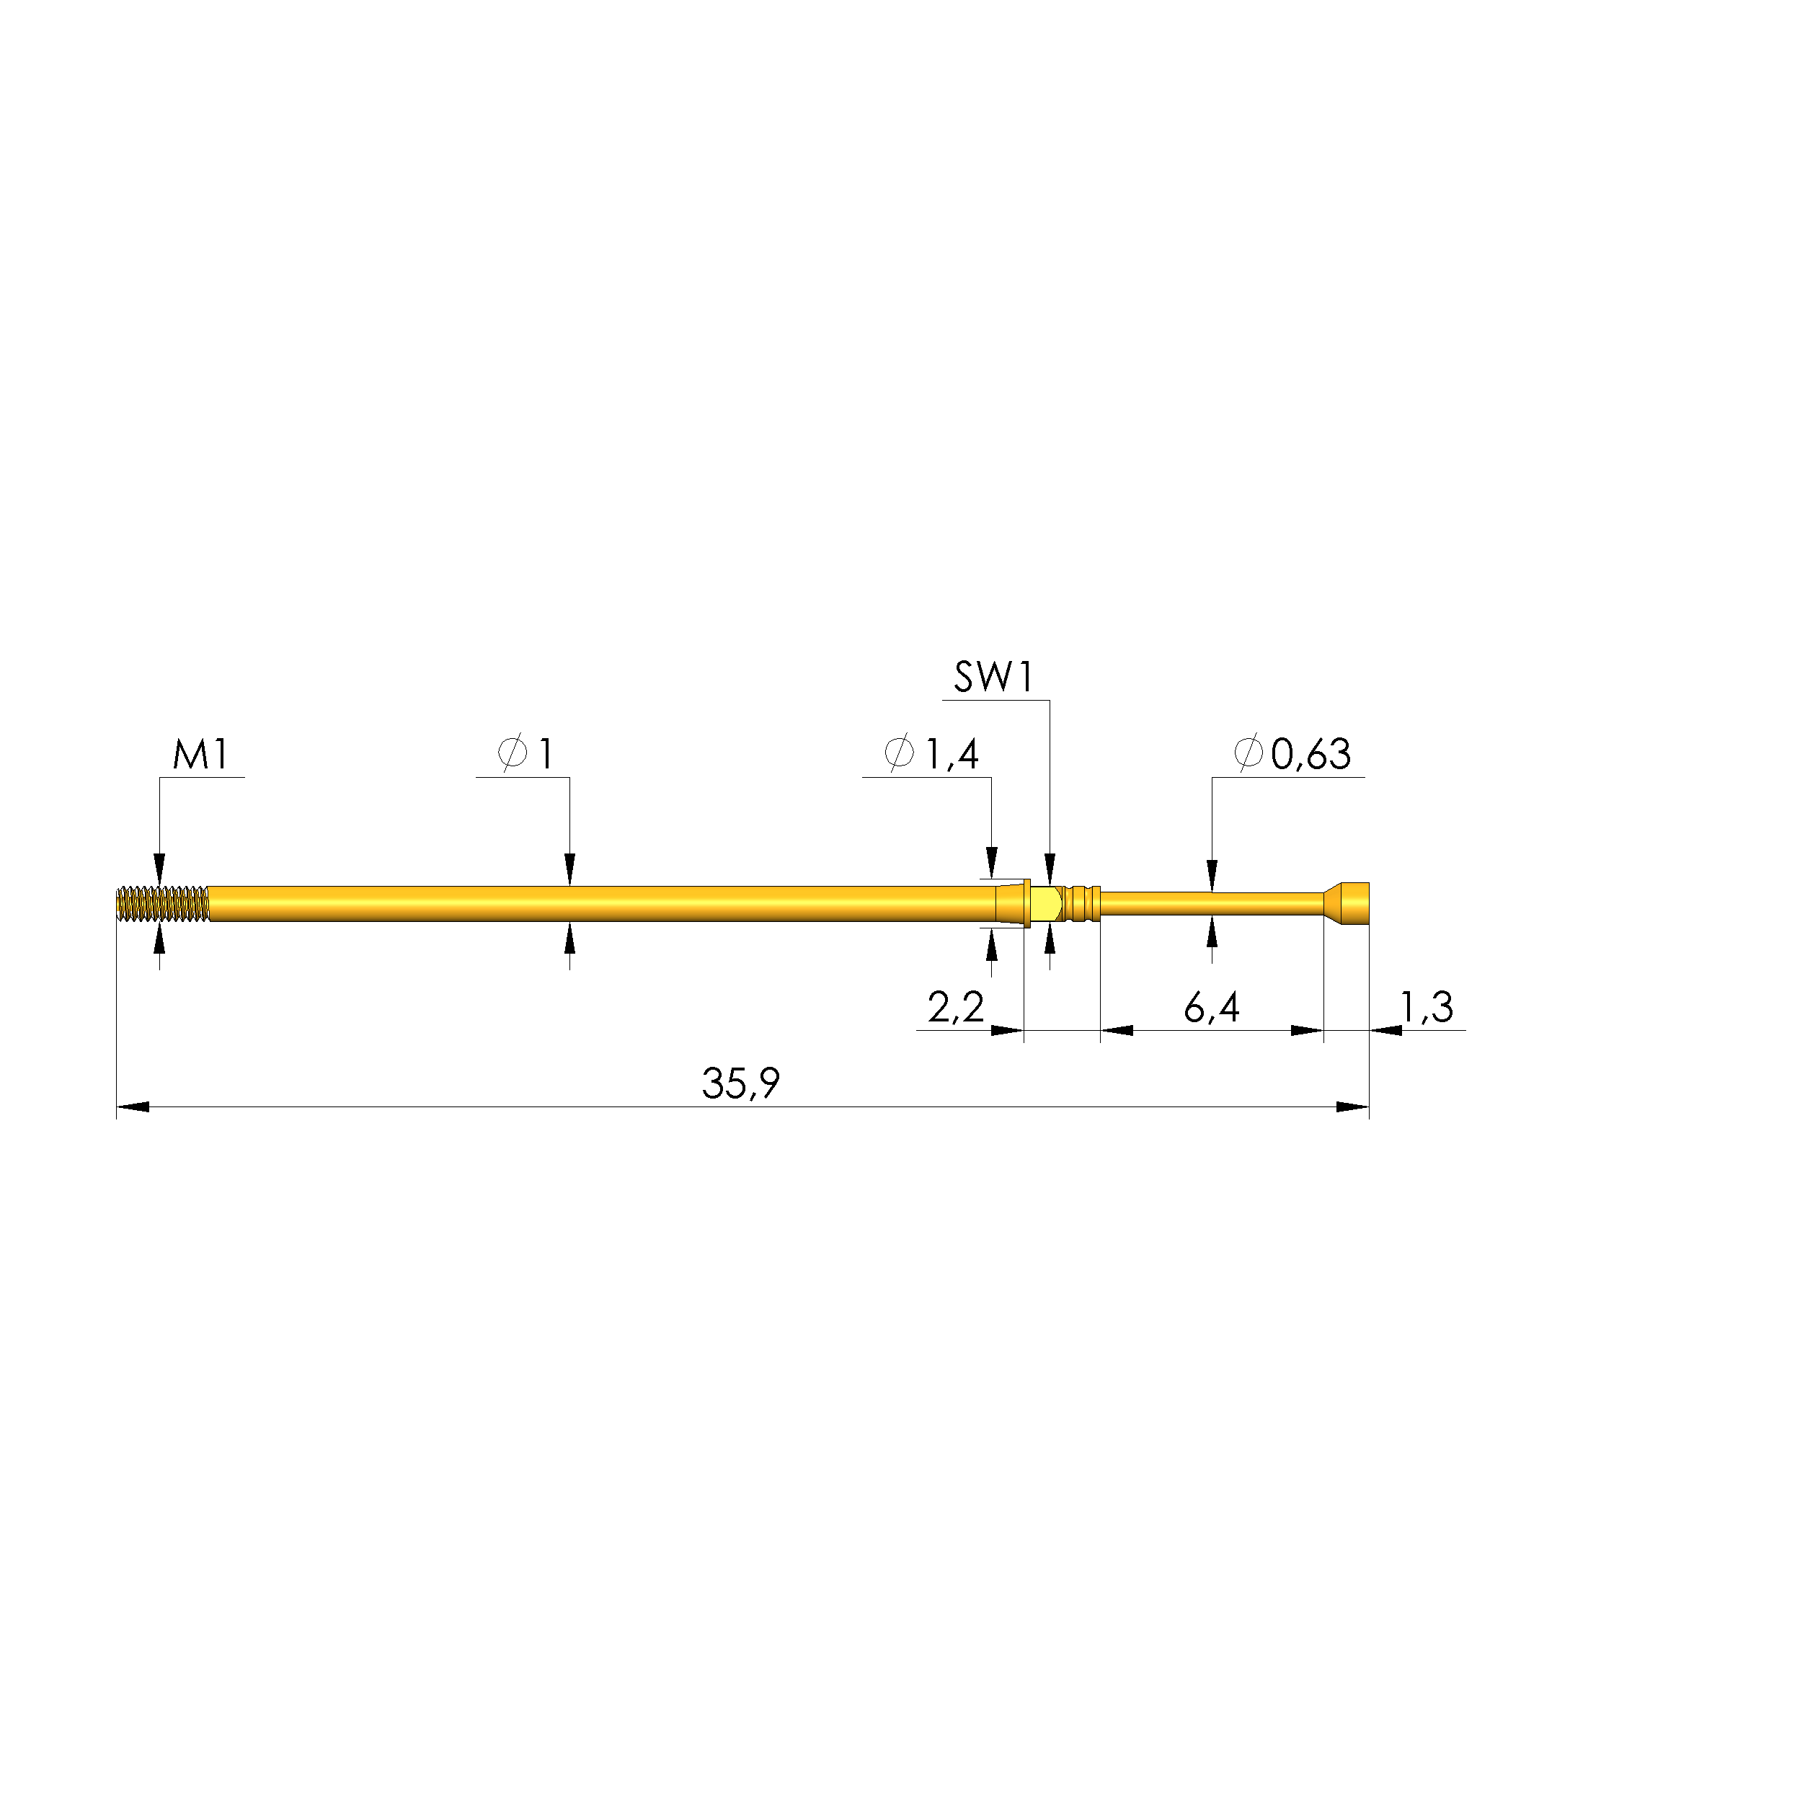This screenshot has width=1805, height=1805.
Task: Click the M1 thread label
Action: pyautogui.click(x=201, y=754)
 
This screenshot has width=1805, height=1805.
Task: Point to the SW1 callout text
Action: pyautogui.click(x=993, y=678)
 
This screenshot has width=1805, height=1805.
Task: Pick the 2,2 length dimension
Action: pyautogui.click(x=955, y=1007)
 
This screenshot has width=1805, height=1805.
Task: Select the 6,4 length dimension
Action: pyautogui.click(x=1211, y=1007)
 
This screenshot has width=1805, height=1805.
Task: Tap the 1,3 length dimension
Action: pyautogui.click(x=1426, y=1007)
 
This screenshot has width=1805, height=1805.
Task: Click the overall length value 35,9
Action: pyautogui.click(x=740, y=1083)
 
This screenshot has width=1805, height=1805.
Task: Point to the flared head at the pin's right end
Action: pyautogui.click(x=1351, y=903)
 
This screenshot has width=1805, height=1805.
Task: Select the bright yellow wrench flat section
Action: pyautogui.click(x=1047, y=903)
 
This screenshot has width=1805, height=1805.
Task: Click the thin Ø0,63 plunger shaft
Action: pyautogui.click(x=1211, y=903)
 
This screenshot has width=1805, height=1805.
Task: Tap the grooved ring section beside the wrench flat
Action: pyautogui.click(x=1083, y=903)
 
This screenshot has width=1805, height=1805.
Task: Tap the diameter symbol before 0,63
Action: pyautogui.click(x=1249, y=753)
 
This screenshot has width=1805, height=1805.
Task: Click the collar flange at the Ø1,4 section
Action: pyautogui.click(x=1026, y=903)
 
